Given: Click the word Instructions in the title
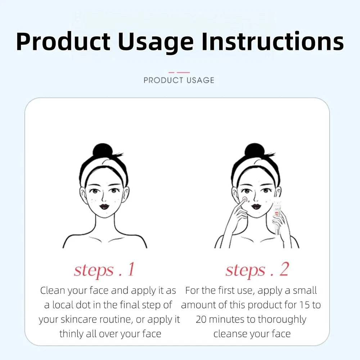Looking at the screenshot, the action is (x=273, y=41).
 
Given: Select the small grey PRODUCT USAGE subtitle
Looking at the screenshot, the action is (x=179, y=80).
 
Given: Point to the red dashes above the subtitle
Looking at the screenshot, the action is (x=179, y=72).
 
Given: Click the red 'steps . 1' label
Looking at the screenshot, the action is (x=104, y=270).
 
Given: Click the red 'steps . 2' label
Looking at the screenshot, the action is (x=257, y=270).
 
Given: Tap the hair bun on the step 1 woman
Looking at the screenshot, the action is (x=103, y=150).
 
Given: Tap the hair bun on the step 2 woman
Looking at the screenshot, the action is (x=255, y=150).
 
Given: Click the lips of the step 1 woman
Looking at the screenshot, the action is (x=104, y=207).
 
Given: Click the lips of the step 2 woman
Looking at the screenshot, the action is (x=256, y=207).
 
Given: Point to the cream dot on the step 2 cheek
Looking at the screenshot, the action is (x=245, y=199).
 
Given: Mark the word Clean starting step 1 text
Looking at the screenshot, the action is (x=53, y=291).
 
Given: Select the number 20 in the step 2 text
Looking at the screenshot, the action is (x=201, y=319).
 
